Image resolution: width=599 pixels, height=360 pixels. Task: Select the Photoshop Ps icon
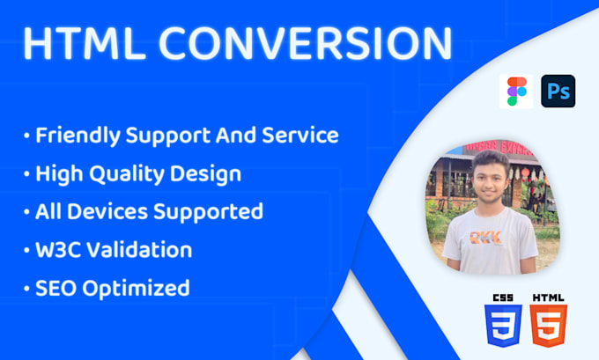point(558,92)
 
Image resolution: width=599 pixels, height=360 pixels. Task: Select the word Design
point(211,173)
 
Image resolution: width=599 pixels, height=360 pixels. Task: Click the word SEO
point(55,287)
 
